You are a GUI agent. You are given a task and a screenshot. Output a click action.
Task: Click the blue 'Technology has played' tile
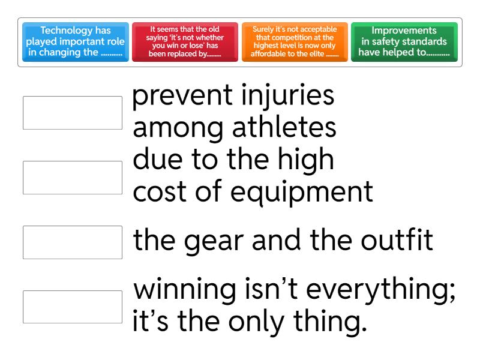click(75, 43)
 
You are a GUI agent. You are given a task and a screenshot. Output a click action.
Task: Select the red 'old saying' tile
click(184, 43)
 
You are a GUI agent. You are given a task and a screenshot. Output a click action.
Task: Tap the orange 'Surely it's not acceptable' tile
click(294, 43)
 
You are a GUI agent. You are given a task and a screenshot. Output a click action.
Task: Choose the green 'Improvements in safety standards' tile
click(404, 43)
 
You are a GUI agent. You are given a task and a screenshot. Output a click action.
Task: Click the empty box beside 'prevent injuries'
click(73, 113)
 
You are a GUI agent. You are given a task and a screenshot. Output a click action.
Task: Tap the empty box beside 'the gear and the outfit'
click(73, 242)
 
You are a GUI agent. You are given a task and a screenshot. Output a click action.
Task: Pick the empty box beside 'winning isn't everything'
click(73, 307)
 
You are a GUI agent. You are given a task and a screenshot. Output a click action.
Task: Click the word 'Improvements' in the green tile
click(404, 30)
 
